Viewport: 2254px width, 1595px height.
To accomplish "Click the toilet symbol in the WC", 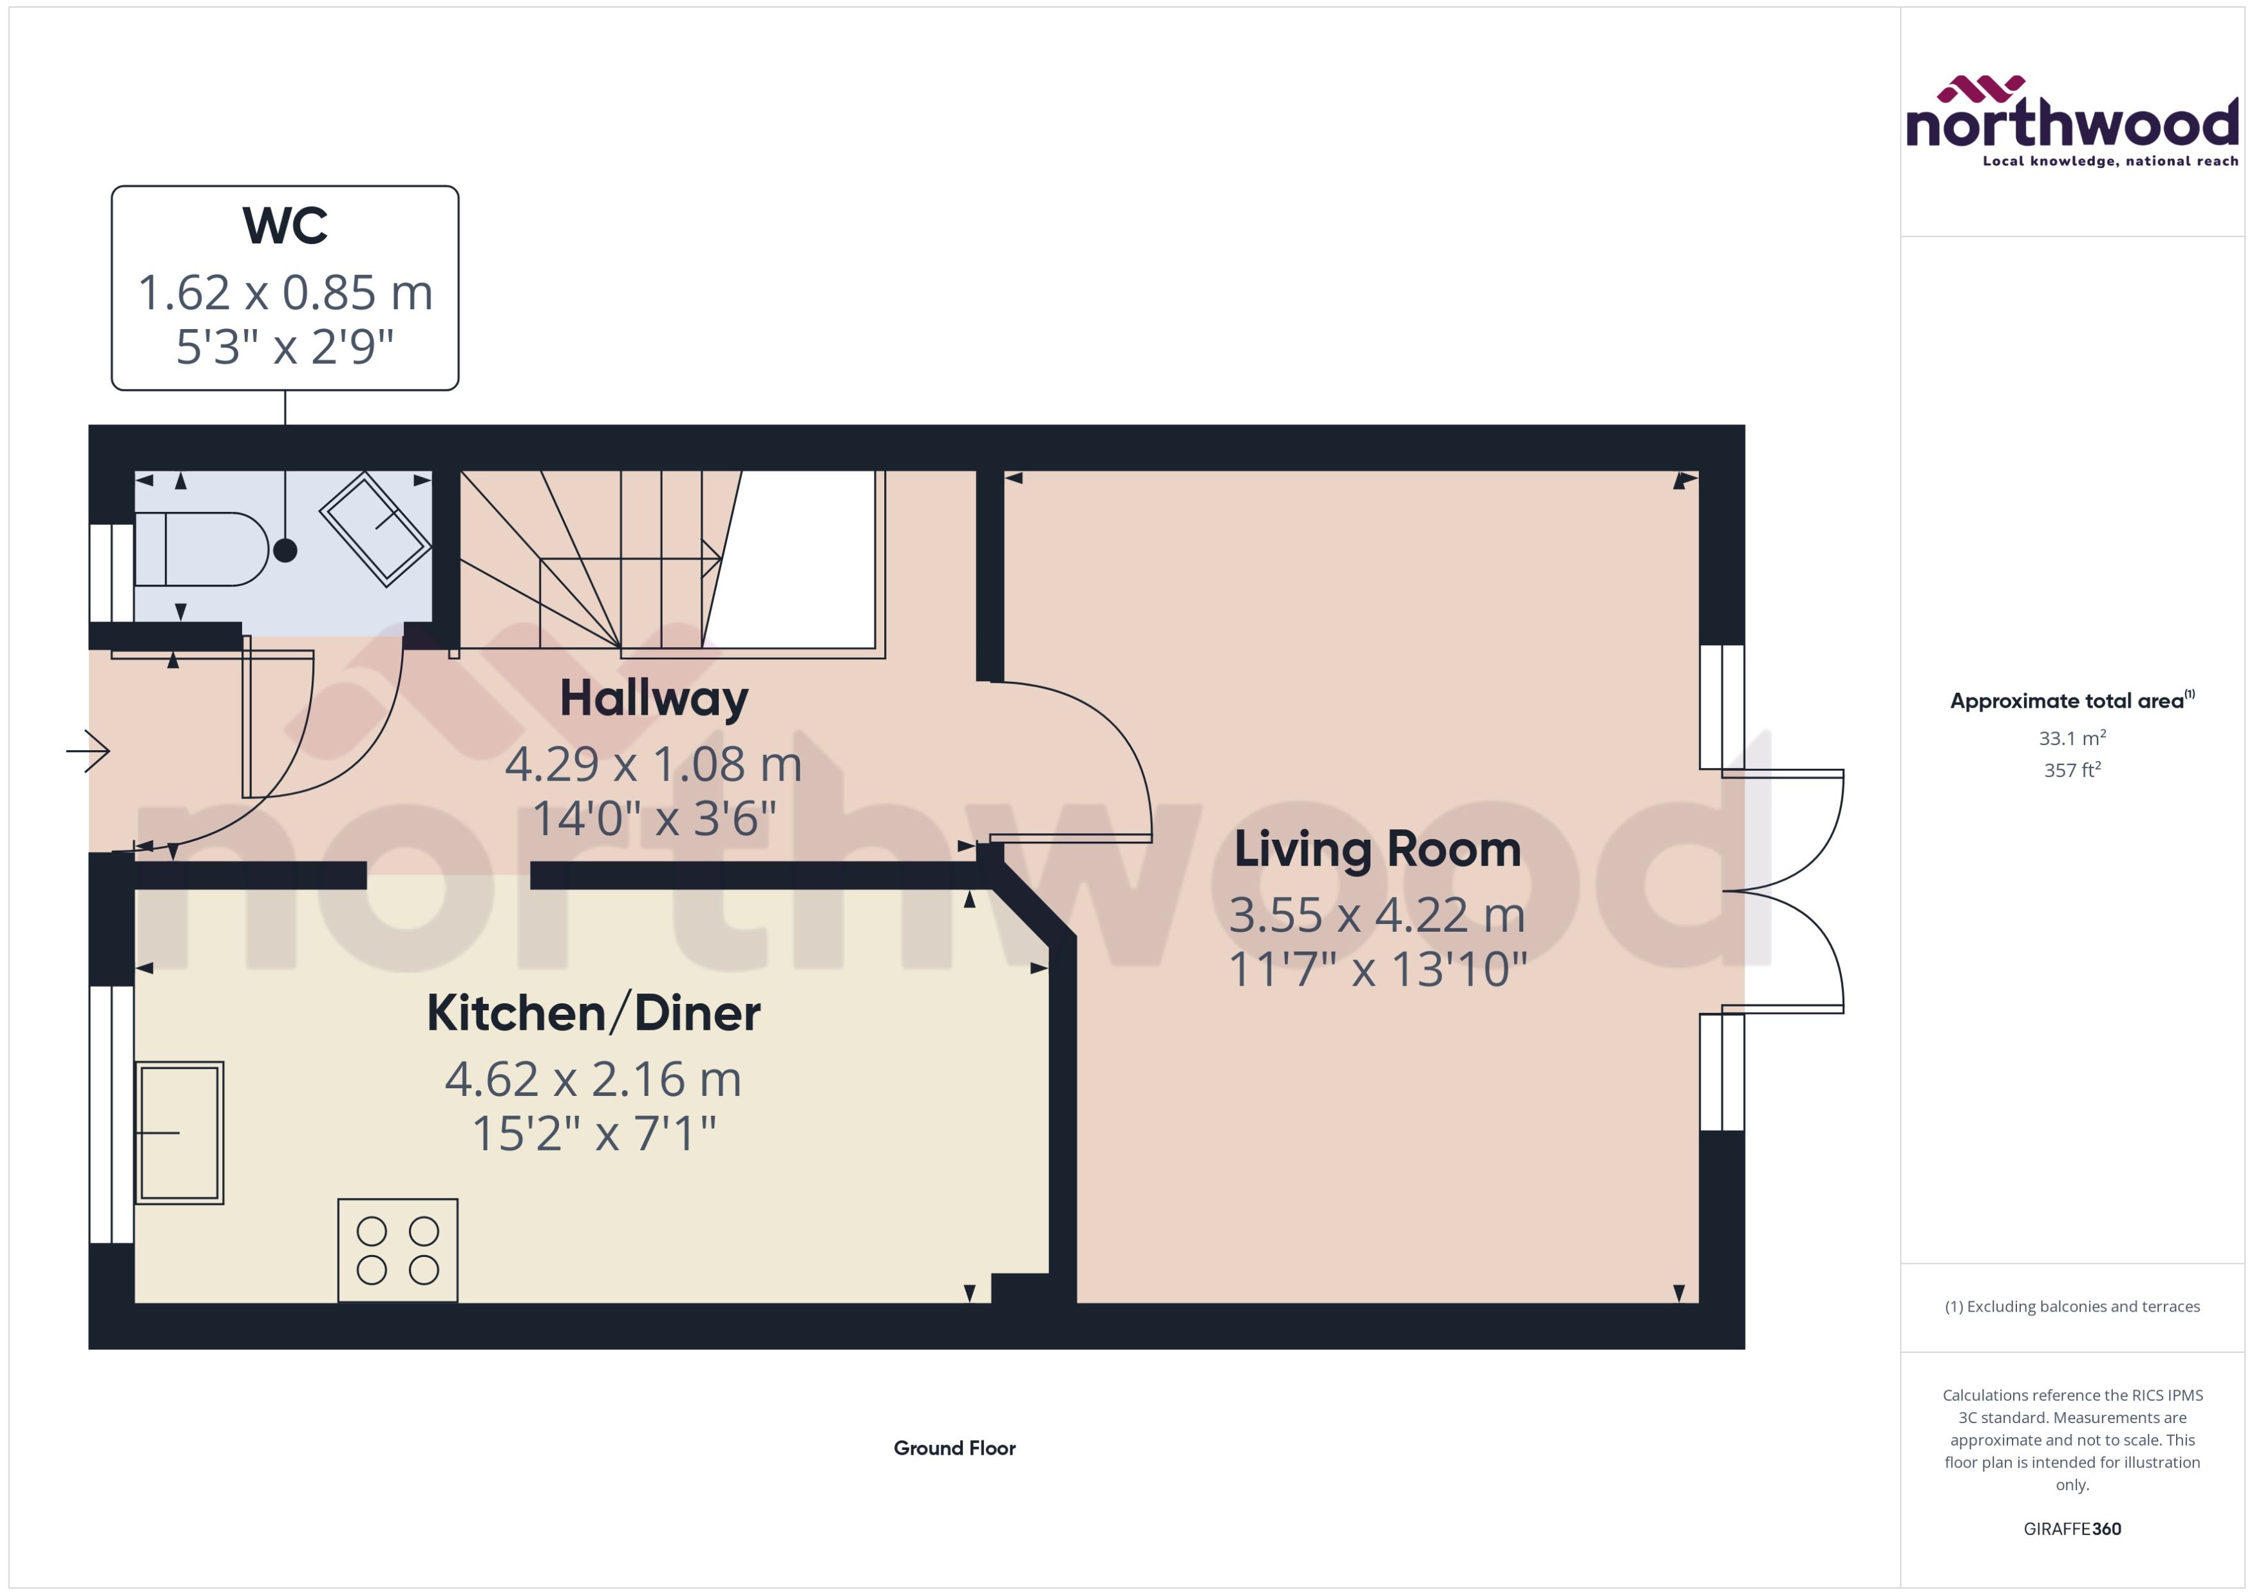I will point(202,549).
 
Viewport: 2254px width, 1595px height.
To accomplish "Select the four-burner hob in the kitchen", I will point(398,1251).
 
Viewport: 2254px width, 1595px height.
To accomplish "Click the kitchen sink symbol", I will point(179,1133).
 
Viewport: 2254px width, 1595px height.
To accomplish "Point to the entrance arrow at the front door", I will point(88,751).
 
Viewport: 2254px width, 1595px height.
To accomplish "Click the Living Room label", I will point(1377,849).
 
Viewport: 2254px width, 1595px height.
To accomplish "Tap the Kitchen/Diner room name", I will point(593,1014).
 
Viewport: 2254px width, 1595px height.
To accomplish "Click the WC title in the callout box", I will point(285,226).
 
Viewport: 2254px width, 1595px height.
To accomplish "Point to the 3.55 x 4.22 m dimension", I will point(1377,916).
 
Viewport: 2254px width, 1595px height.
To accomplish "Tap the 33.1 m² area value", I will point(2071,737).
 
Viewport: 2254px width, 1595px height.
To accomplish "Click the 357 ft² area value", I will point(2071,770).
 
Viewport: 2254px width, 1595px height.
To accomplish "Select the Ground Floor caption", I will point(954,1448).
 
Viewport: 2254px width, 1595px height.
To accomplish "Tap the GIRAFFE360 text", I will point(2071,1528).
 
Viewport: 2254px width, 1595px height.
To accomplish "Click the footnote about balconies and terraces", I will point(2071,1307).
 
